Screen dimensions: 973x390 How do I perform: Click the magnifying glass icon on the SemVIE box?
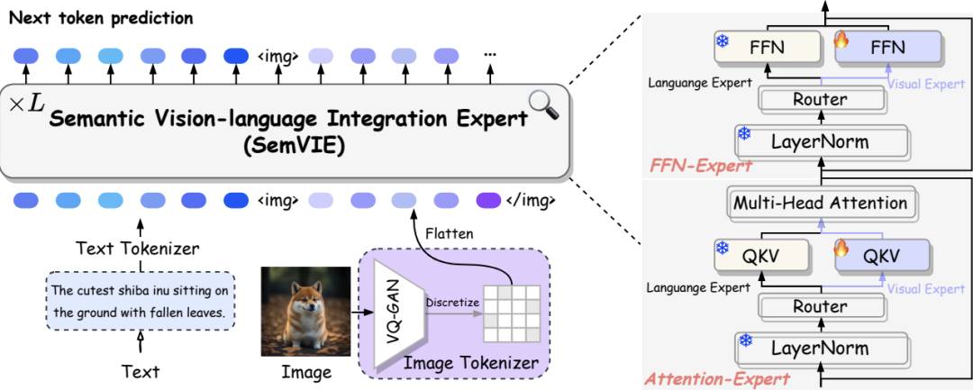coord(543,104)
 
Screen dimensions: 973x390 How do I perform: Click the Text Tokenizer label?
coord(137,249)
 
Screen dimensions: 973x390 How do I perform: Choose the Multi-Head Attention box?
coord(821,203)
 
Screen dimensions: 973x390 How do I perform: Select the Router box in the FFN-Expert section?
coord(821,98)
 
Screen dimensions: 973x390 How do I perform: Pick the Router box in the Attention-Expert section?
coord(821,307)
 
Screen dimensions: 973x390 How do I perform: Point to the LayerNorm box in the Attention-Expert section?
coord(821,348)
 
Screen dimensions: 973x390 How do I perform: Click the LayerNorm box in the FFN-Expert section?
coord(821,141)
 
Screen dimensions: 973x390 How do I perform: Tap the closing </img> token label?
coord(530,200)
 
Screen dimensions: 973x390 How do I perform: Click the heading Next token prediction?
coord(101,18)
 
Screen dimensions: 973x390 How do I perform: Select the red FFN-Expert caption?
coord(701,166)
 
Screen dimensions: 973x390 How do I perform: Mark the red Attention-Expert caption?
coord(719,377)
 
